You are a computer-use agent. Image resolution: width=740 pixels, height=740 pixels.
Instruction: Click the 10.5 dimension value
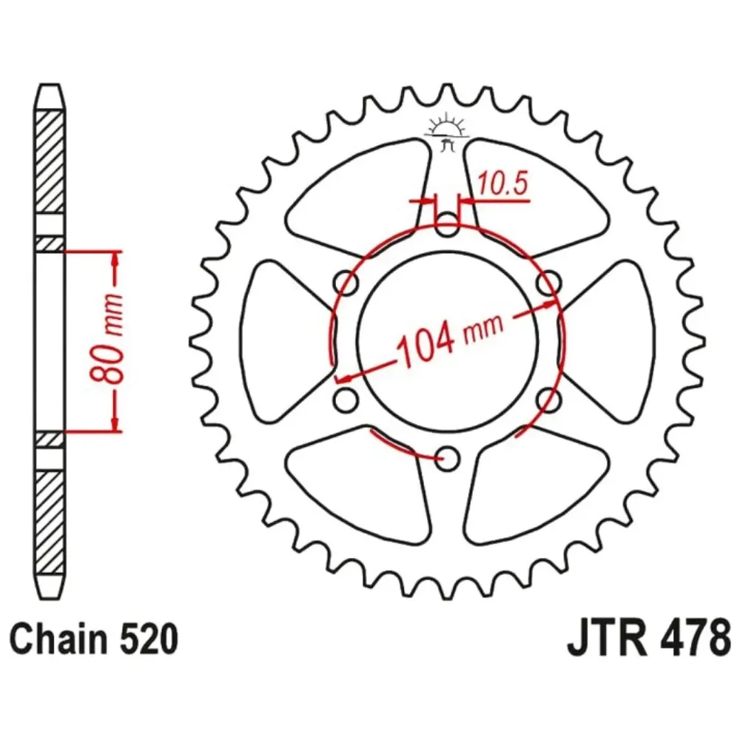[502, 184]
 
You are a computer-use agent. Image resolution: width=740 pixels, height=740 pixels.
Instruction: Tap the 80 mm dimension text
[107, 338]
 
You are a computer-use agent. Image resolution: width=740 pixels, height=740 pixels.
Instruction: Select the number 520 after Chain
[149, 639]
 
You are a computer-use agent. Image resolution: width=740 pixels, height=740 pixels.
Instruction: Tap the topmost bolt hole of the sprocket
[447, 225]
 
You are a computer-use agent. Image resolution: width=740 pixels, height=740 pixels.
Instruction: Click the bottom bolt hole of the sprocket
[447, 457]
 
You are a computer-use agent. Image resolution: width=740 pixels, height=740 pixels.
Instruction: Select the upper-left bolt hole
[346, 283]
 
